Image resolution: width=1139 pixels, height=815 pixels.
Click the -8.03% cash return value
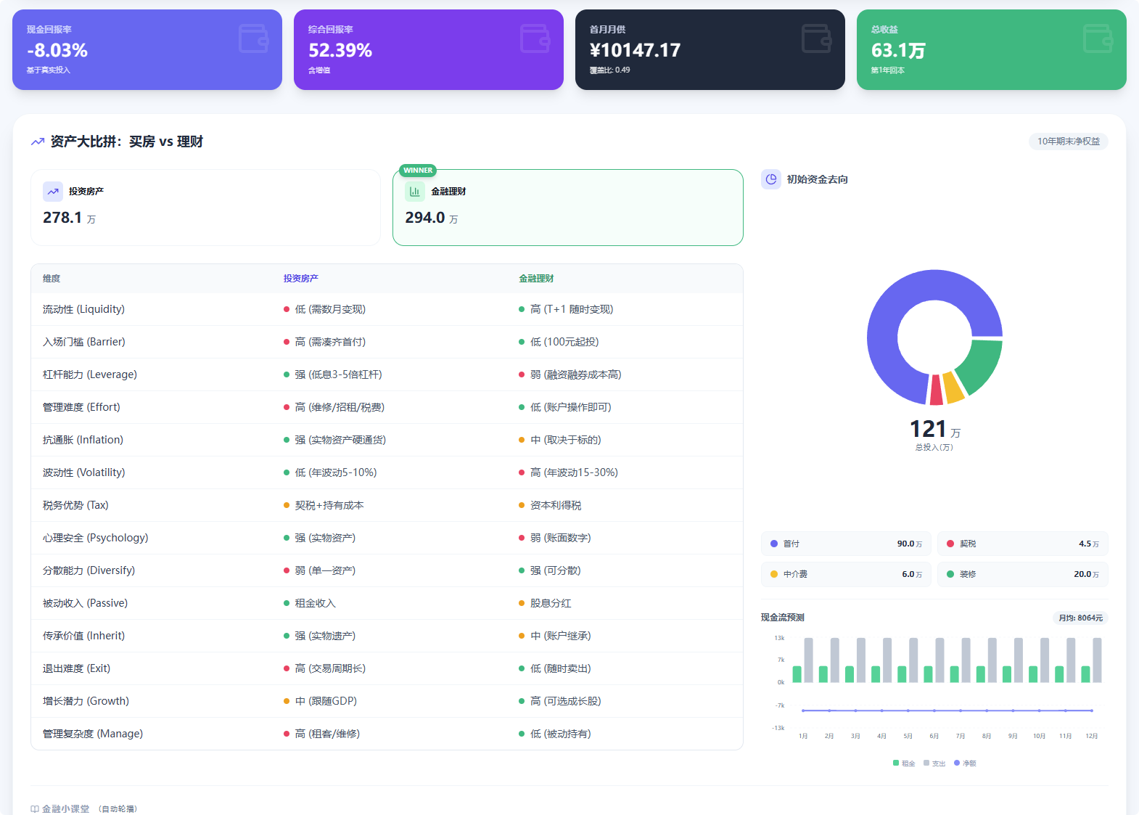click(57, 51)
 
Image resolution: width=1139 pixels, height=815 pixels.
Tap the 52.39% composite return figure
click(340, 51)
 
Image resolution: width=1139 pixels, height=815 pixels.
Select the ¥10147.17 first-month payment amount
click(635, 51)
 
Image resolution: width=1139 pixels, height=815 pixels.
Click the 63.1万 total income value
click(898, 51)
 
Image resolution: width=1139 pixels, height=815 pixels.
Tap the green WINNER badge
click(418, 171)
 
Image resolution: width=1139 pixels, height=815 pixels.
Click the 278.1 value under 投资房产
click(62, 218)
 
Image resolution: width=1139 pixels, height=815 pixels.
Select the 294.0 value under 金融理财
click(424, 218)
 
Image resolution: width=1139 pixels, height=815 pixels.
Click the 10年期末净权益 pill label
click(1068, 142)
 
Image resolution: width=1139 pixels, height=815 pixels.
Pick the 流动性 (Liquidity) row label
click(83, 309)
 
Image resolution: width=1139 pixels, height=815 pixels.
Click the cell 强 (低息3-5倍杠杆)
click(338, 374)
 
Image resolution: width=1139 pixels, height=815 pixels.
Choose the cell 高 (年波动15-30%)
click(573, 472)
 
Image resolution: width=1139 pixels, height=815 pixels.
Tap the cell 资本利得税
click(555, 505)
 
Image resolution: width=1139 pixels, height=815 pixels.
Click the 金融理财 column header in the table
click(536, 279)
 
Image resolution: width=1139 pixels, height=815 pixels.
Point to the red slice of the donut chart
click(937, 390)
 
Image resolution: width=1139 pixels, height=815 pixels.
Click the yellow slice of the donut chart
click(953, 387)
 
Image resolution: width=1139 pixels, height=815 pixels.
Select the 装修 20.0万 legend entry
click(1022, 574)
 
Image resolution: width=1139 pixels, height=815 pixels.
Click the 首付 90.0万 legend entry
click(845, 544)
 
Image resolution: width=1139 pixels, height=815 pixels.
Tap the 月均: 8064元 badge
click(1080, 618)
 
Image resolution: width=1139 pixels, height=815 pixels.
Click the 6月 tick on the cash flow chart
click(934, 736)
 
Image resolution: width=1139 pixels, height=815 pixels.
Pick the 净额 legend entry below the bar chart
click(966, 763)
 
